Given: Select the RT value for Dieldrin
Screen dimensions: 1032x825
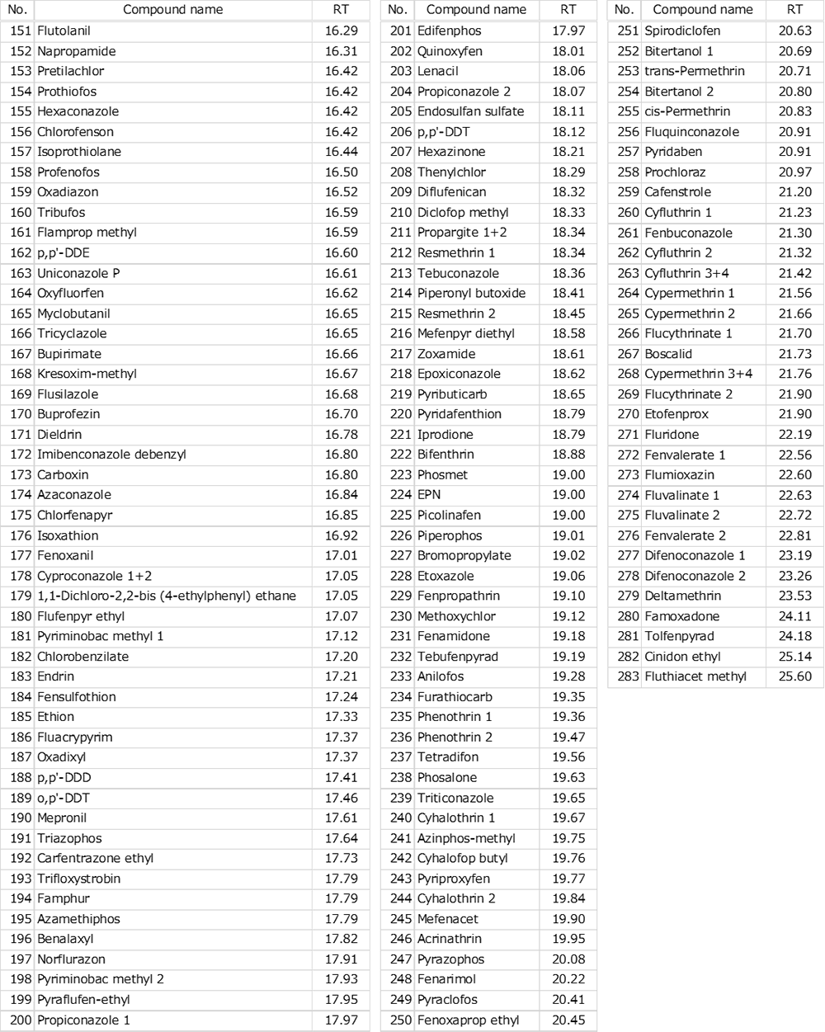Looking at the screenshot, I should click(341, 435).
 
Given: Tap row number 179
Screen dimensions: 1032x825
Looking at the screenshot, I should click(21, 596).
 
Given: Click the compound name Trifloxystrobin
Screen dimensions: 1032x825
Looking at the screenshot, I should click(78, 879).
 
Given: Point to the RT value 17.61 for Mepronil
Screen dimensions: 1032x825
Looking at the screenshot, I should click(341, 818).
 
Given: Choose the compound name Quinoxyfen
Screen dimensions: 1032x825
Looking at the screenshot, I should click(450, 51).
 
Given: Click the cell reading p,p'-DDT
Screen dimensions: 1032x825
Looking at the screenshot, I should click(443, 132).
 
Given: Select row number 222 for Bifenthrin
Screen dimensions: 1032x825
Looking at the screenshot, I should click(400, 455).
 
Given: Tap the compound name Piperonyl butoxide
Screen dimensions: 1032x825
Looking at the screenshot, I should click(471, 293).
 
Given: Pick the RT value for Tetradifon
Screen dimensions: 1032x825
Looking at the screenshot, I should click(568, 757).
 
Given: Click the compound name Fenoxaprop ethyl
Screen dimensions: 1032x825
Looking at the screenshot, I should click(468, 1020).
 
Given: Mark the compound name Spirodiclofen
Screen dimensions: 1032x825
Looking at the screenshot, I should click(682, 31).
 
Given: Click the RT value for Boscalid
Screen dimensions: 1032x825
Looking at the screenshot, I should click(794, 354).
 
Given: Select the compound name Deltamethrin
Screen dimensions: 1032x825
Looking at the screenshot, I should click(682, 596).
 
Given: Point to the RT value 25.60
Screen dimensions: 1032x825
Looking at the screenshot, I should click(794, 676).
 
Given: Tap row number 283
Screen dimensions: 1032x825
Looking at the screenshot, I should click(628, 676).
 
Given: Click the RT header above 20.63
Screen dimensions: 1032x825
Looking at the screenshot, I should click(794, 10).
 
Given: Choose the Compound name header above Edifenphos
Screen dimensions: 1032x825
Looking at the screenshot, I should click(476, 10).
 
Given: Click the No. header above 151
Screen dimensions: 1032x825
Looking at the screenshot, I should click(17, 10).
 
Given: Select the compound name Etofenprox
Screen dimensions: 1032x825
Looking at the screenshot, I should click(676, 414).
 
